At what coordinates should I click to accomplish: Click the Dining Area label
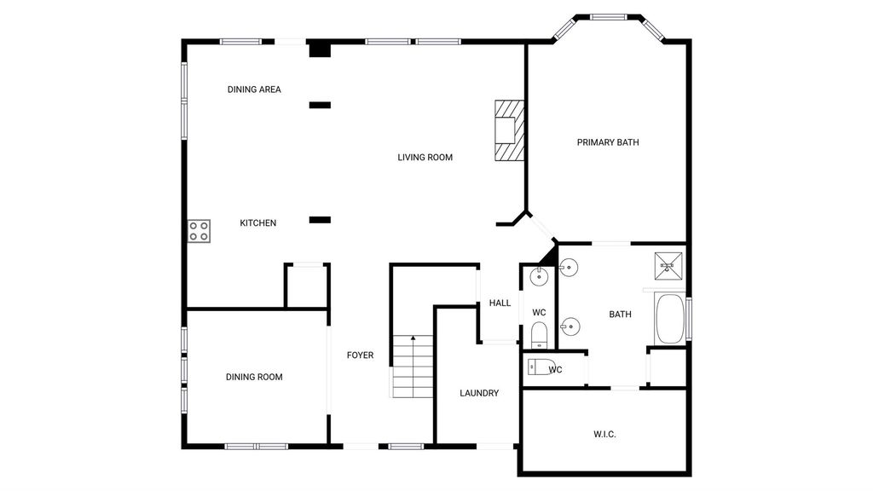(x=254, y=89)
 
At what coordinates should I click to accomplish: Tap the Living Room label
(x=425, y=158)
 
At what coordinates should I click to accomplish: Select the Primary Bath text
(x=608, y=142)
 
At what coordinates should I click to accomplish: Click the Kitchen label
(x=257, y=223)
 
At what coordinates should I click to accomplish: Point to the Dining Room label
(x=254, y=377)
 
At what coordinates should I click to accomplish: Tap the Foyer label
(x=361, y=355)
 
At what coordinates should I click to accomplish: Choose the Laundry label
(x=479, y=393)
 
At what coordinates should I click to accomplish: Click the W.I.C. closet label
(x=604, y=434)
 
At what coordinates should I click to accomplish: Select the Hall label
(x=500, y=303)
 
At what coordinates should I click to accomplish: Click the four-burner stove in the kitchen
(x=199, y=230)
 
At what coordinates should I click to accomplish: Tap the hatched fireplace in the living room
(x=510, y=130)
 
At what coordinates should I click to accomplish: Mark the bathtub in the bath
(x=670, y=319)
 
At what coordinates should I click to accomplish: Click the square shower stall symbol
(x=668, y=266)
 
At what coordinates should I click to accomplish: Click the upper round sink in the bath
(x=569, y=268)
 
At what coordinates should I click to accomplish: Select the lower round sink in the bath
(x=569, y=326)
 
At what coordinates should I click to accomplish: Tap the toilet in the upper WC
(x=540, y=336)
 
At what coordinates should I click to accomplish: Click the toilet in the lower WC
(x=546, y=368)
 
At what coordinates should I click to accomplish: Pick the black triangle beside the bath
(x=548, y=257)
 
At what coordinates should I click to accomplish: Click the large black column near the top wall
(x=321, y=49)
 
